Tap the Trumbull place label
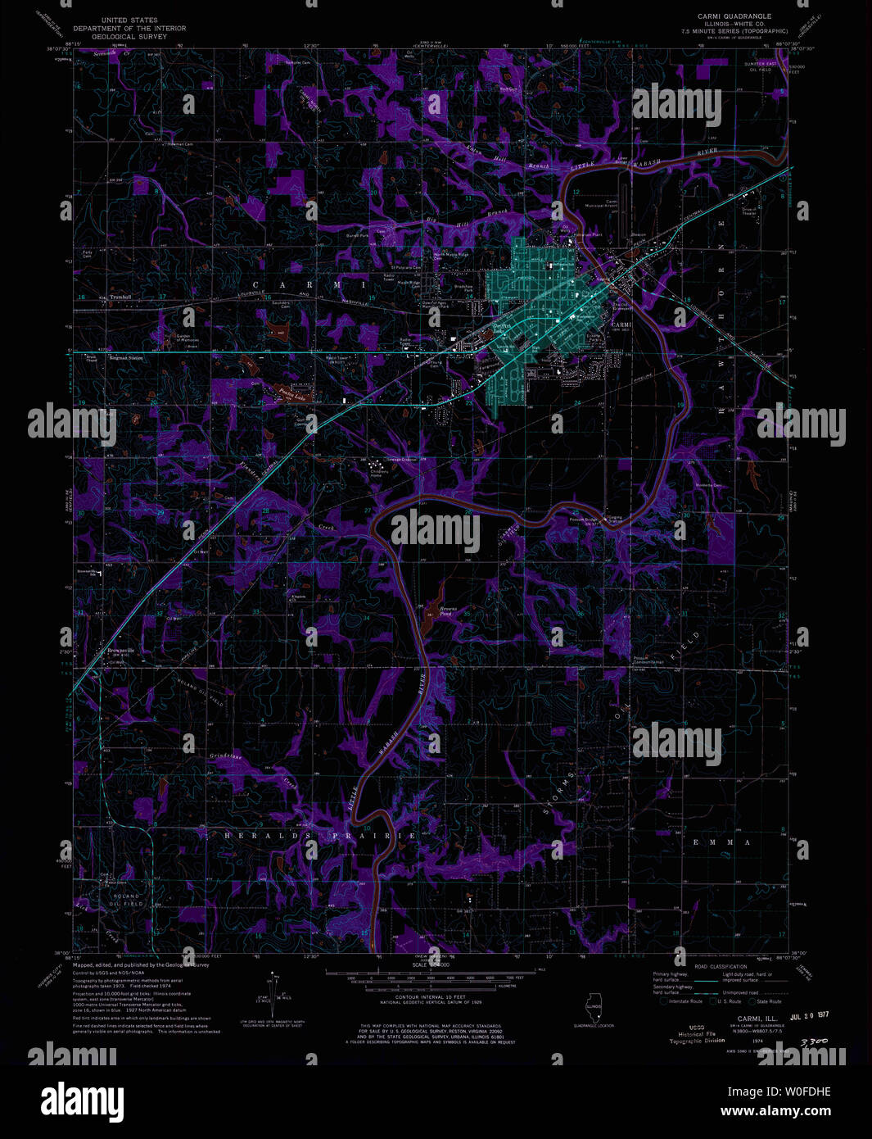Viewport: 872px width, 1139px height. coord(120,297)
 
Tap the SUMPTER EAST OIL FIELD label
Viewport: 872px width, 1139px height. coord(759,67)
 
